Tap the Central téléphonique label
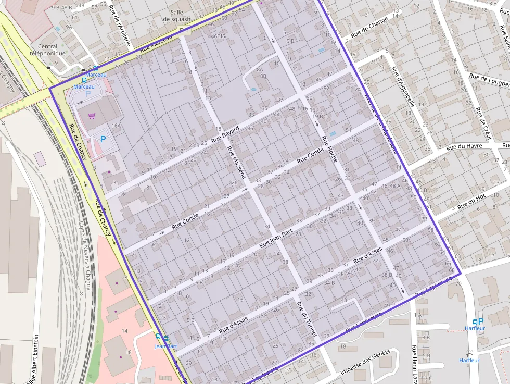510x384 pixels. [x=47, y=50]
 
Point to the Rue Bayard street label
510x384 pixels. [x=225, y=133]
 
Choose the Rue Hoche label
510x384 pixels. [x=329, y=149]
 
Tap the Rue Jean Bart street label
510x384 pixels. [x=276, y=238]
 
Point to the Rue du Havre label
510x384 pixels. [x=464, y=146]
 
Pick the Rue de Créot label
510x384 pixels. [x=483, y=123]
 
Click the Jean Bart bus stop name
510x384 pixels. [x=165, y=346]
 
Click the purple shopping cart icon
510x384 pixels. [x=92, y=116]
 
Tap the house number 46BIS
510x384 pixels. [x=218, y=36]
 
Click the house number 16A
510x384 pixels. [x=116, y=126]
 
